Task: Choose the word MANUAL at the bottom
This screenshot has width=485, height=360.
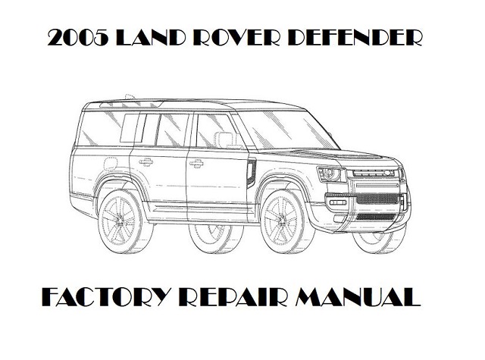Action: pyautogui.click(x=361, y=294)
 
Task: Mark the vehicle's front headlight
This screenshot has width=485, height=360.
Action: pyautogui.click(x=331, y=175)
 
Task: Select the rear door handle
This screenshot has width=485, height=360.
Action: pyautogui.click(x=146, y=161)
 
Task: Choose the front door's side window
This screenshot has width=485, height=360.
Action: pyautogui.click(x=211, y=131)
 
